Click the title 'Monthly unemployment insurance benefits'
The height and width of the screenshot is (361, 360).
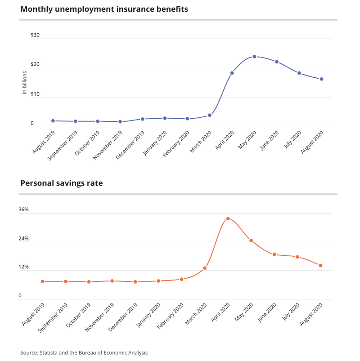pyautogui.click(x=104, y=9)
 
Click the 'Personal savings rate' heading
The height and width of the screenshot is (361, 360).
pyautogui.click(x=62, y=183)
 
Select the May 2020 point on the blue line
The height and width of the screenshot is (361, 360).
pyautogui.click(x=254, y=57)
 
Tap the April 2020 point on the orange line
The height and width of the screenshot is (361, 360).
pyautogui.click(x=228, y=218)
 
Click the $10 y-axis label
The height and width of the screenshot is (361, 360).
pyautogui.click(x=35, y=94)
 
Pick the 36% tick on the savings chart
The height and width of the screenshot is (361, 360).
pyautogui.click(x=23, y=209)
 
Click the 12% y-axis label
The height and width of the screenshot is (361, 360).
pyautogui.click(x=23, y=267)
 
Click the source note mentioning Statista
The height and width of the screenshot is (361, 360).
pyautogui.click(x=84, y=353)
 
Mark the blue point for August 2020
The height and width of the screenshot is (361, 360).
pyautogui.click(x=321, y=79)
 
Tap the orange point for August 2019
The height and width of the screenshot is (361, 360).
pyautogui.click(x=43, y=281)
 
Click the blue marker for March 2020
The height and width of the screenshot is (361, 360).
pyautogui.click(x=210, y=115)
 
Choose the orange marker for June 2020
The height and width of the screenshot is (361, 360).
pyautogui.click(x=274, y=254)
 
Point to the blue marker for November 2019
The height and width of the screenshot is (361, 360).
pyautogui.click(x=120, y=122)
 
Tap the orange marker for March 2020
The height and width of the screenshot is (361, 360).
pyautogui.click(x=205, y=268)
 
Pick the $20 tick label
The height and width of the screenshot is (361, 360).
pyautogui.click(x=35, y=65)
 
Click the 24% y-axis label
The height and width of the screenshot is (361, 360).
pyautogui.click(x=23, y=238)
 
